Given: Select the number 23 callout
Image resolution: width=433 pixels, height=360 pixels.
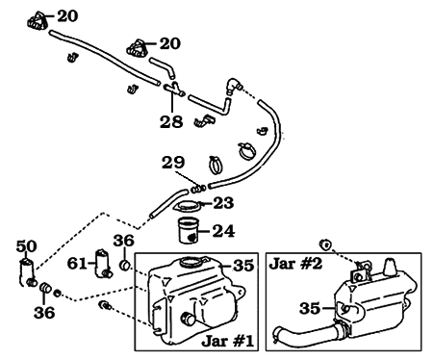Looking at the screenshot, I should click(x=223, y=202).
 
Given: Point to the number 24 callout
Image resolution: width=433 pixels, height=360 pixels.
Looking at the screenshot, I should click(x=223, y=230).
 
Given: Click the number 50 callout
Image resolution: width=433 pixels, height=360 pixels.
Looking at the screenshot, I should click(x=26, y=246).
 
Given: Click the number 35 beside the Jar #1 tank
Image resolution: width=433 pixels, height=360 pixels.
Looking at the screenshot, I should click(x=244, y=265).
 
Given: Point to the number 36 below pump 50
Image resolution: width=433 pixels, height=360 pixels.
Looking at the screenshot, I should click(x=44, y=312).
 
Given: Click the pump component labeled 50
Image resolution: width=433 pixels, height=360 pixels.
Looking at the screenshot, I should click(x=27, y=271).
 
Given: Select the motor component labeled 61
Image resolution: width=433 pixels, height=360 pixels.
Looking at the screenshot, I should click(x=102, y=264).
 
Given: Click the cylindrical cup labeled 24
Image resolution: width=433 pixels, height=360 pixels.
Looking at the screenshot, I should click(x=192, y=232).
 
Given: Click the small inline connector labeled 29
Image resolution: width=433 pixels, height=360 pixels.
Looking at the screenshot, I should click(x=198, y=187).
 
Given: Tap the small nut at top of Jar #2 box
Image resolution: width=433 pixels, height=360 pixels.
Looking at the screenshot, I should click(x=326, y=247).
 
